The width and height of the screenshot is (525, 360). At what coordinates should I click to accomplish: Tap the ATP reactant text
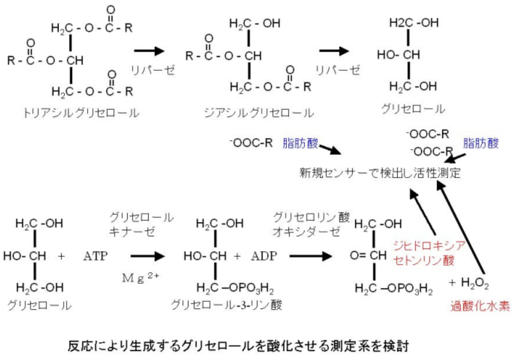click(96, 256)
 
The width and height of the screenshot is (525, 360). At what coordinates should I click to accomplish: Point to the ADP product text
click(265, 256)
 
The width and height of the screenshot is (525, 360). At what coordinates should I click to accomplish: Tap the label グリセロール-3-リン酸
click(226, 305)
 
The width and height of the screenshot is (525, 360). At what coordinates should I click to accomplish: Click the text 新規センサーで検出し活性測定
click(380, 173)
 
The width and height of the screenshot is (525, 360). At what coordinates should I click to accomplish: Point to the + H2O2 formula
click(467, 283)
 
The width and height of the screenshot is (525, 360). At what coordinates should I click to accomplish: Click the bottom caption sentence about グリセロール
click(239, 346)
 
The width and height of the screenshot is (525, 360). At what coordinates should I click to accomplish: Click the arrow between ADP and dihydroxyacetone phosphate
click(310, 256)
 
